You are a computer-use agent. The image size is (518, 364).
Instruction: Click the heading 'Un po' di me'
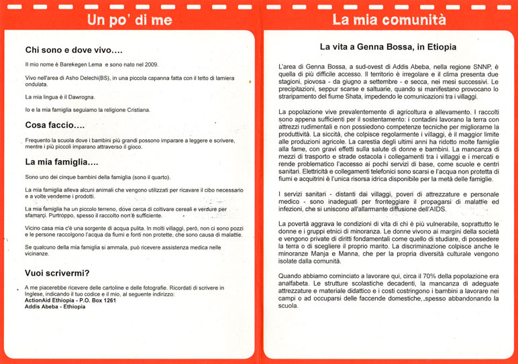129,19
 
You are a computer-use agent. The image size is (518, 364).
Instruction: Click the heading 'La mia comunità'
389,19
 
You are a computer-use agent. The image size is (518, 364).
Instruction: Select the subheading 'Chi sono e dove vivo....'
74,50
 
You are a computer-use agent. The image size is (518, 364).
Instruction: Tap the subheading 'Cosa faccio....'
55,125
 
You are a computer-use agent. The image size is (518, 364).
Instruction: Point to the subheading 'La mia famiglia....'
62,162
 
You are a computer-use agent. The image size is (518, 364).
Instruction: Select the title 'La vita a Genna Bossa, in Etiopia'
388,48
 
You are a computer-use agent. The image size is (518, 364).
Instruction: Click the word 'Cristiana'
136,109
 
